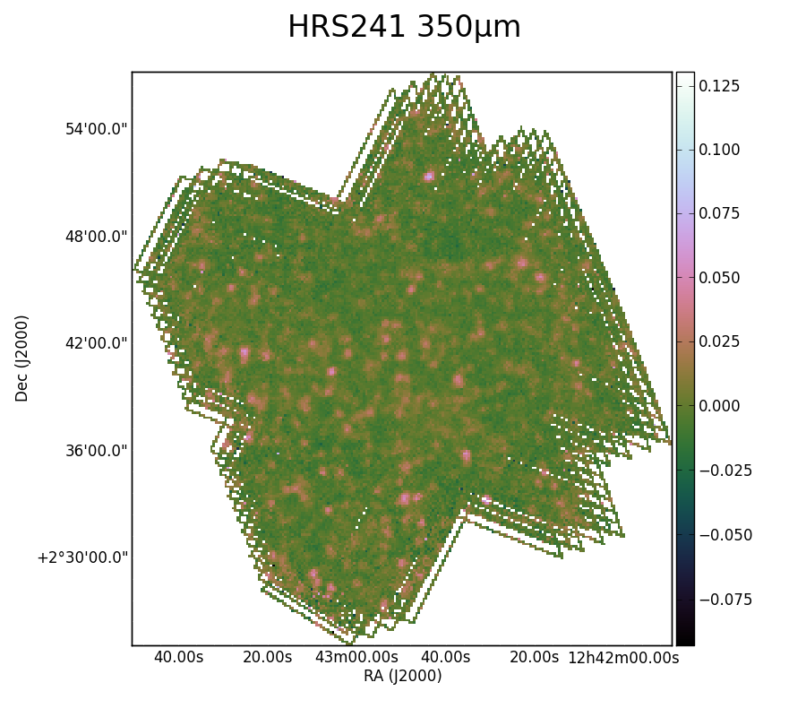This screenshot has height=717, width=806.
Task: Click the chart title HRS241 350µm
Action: pos(404,27)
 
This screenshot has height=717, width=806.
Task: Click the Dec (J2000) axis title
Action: pos(21,358)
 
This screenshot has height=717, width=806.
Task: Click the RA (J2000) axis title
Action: pos(402,676)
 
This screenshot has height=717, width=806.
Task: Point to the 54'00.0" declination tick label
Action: pos(96,128)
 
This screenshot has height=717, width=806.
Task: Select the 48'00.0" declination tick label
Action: pos(96,237)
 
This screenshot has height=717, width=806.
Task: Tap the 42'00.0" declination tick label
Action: pos(96,343)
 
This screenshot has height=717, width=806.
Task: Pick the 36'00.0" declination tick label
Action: pos(96,451)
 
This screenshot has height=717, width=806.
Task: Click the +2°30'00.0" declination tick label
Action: pos(82,557)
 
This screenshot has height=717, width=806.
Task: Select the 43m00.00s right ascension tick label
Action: pos(356,657)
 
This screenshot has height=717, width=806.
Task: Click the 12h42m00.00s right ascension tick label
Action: pos(623,657)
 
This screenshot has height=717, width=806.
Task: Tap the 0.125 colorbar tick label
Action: pos(719,86)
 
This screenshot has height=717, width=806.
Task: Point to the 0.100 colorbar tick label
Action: pos(719,150)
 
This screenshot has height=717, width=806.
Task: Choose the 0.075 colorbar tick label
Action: pos(719,213)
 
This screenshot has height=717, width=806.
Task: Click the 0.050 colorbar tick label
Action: pos(719,278)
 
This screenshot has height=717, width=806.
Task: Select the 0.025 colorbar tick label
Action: pos(719,341)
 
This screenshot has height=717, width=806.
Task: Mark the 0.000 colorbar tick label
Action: pos(719,406)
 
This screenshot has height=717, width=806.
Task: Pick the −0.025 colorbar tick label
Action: pos(725,471)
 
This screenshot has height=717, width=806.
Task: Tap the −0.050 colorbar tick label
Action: pos(725,535)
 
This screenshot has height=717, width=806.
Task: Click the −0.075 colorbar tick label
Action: pos(725,600)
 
